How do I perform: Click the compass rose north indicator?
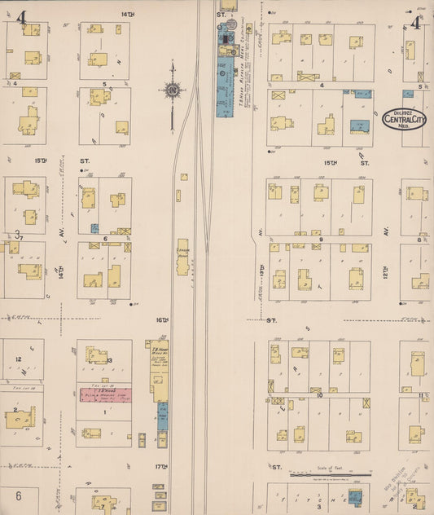173,91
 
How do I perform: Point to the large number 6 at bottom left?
18,495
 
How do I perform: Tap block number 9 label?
322,240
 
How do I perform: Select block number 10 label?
320,395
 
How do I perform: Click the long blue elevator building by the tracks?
224,86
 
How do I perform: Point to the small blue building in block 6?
94,229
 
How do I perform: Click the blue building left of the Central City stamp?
358,125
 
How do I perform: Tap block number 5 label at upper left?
104,83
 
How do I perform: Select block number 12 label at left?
17,359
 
